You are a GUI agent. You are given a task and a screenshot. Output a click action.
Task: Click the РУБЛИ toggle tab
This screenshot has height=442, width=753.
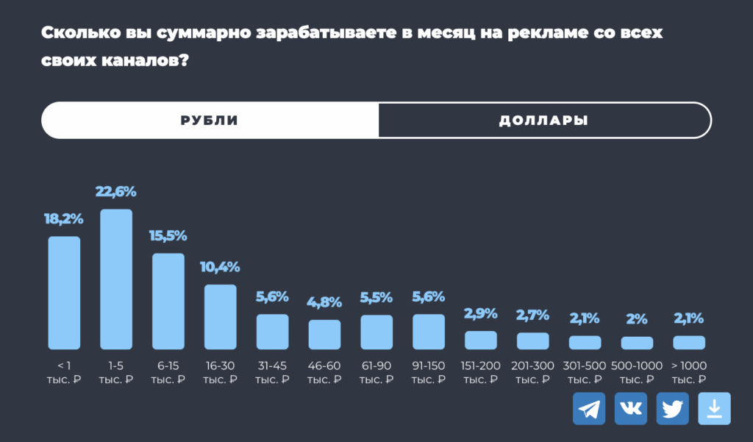pos(210,121)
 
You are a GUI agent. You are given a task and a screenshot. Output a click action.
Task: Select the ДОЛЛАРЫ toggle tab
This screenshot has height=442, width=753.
pos(543,121)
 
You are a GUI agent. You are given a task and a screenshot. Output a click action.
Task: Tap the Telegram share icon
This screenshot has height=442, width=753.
pos(589,408)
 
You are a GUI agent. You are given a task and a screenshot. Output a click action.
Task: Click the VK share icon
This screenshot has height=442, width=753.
pos(631,408)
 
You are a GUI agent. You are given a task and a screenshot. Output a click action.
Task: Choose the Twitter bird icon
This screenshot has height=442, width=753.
pos(672,408)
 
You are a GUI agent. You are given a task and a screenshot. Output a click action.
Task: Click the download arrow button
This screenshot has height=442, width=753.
pos(714,408)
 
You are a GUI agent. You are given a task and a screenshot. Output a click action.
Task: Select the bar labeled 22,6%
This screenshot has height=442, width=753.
pos(116,279)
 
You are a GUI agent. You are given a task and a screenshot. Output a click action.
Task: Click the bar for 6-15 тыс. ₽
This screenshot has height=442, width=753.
pos(168,302)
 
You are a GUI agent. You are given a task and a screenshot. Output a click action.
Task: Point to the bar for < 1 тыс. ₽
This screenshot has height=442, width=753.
pos(64,293)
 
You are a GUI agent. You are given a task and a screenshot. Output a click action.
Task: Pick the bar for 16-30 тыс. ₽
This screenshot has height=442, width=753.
pos(220,317)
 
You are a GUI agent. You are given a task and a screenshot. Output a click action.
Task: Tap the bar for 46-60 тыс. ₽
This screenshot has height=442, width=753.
pos(324,335)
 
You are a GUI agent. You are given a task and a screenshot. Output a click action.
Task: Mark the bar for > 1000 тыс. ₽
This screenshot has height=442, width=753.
pos(689,342)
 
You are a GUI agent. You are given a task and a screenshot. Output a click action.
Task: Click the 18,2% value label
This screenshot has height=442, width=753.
pos(64,218)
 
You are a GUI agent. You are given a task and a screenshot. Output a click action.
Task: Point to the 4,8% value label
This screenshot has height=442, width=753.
pos(324,302)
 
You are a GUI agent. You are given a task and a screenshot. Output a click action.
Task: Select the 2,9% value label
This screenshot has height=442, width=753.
pos(481,313)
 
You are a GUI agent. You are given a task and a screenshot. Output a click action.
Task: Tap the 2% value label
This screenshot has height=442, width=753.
pos(637,319)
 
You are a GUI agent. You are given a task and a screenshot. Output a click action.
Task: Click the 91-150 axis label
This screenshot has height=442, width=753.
pos(429,366)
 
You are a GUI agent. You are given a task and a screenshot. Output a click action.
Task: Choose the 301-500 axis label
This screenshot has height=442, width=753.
pos(585,366)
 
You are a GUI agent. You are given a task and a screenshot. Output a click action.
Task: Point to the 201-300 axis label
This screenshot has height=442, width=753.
pos(532,366)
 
